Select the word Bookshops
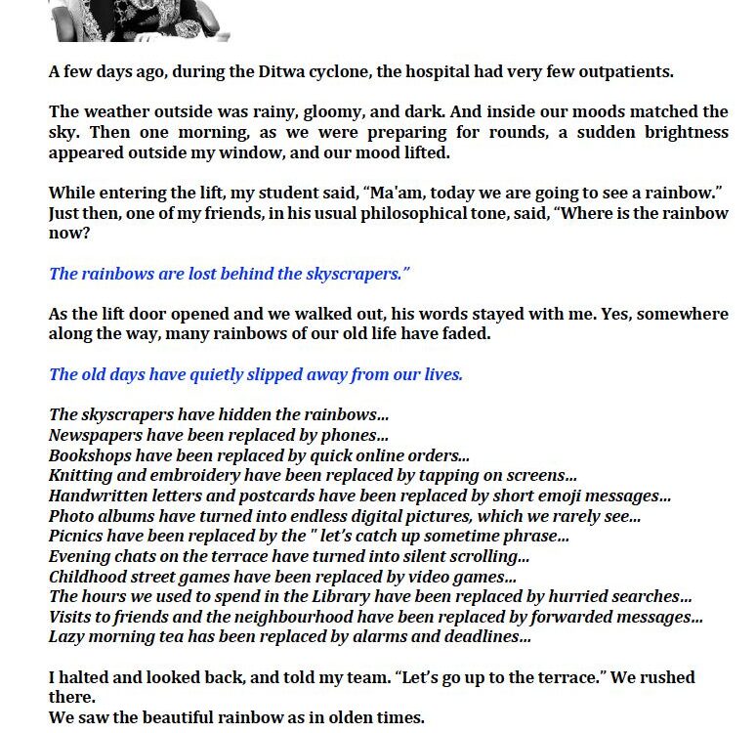(90, 456)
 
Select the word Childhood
(88, 577)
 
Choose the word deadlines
(485, 637)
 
